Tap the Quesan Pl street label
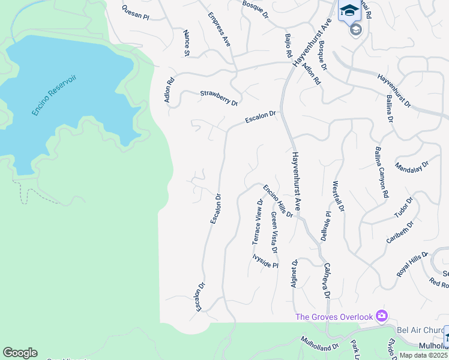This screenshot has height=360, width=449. [134, 13]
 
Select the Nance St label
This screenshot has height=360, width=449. [187, 43]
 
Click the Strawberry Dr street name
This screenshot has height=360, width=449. [219, 98]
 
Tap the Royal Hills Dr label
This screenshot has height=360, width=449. [414, 263]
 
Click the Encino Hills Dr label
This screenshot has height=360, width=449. [278, 201]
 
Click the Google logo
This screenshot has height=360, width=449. [20, 353]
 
